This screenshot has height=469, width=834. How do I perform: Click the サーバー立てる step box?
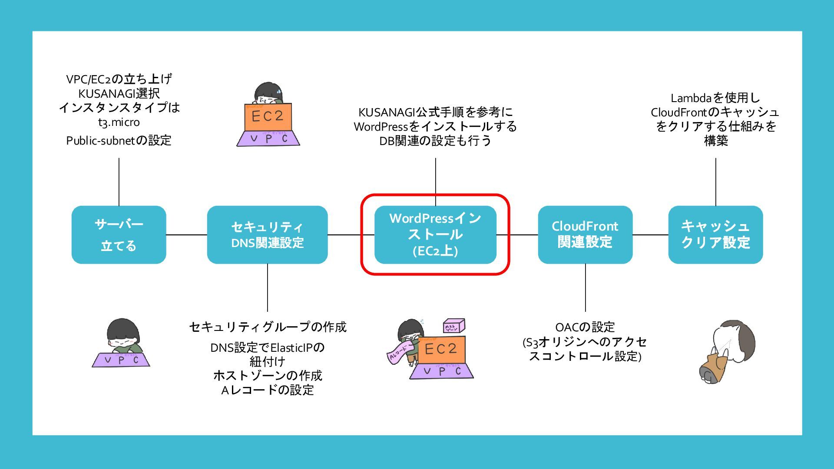click(119, 234)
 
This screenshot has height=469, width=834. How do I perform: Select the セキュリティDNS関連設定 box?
click(267, 234)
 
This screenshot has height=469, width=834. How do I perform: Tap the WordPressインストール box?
click(435, 234)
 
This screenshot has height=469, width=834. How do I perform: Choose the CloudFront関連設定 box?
click(585, 234)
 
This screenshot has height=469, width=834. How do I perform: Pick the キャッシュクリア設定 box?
click(715, 234)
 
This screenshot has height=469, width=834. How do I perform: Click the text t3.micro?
click(119, 122)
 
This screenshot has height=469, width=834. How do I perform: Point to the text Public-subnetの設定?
click(119, 141)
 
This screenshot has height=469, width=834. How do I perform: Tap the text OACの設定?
click(585, 327)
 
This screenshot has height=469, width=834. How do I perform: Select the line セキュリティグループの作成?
click(268, 327)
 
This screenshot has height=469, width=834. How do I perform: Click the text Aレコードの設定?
click(268, 390)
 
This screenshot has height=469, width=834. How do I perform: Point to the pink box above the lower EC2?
click(453, 326)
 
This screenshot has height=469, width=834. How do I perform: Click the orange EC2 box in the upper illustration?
click(268, 117)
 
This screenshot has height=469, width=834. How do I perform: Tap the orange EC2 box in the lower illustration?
click(441, 349)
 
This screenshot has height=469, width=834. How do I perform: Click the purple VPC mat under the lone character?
click(121, 360)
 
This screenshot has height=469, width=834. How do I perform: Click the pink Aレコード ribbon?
click(399, 354)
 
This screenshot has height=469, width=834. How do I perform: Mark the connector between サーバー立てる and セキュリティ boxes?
click(186, 235)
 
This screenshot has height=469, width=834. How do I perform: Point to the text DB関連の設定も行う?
click(435, 141)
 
